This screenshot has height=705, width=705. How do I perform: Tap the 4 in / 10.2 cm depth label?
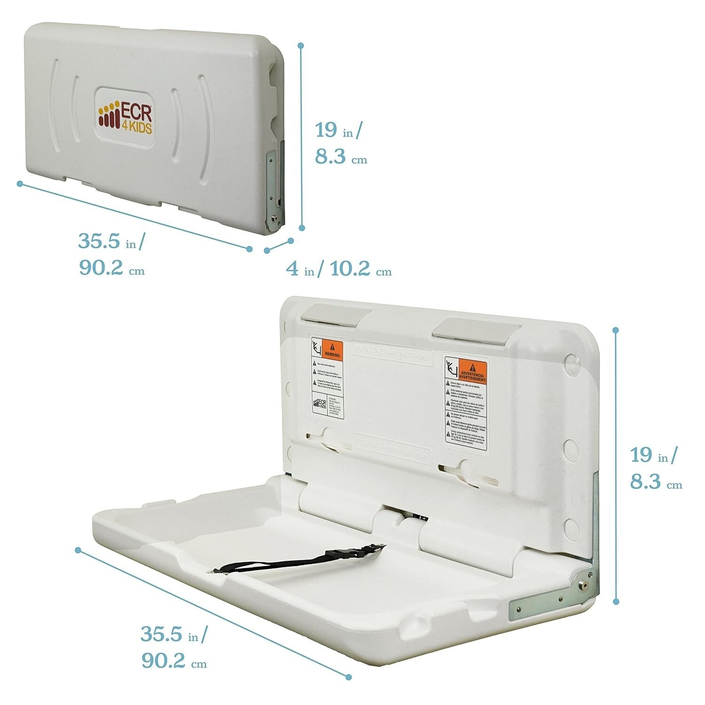click(x=339, y=270)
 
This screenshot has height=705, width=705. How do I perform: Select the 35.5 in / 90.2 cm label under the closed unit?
click(x=112, y=255)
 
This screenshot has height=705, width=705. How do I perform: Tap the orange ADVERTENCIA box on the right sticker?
click(x=472, y=371)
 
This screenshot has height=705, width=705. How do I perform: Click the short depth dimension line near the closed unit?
click(x=279, y=246)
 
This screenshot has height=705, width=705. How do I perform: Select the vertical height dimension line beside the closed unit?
click(x=301, y=136)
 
